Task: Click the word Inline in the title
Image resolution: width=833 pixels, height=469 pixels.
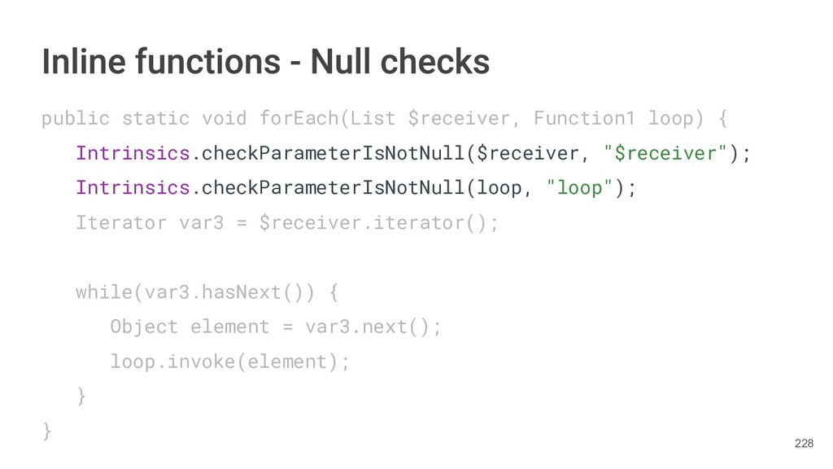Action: pyautogui.click(x=76, y=61)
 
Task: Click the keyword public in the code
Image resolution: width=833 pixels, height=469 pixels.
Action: pyautogui.click(x=75, y=119)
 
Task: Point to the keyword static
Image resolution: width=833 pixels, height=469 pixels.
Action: pyautogui.click(x=155, y=119)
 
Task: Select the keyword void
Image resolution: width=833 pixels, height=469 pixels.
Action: pyautogui.click(x=224, y=119)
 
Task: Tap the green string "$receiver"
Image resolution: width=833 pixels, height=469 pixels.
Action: pyautogui.click(x=665, y=154)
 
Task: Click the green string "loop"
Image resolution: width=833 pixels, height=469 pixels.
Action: pyautogui.click(x=579, y=188)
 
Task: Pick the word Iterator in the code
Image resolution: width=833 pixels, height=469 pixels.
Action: pyautogui.click(x=120, y=222)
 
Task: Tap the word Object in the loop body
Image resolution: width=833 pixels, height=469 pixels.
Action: pyautogui.click(x=144, y=327)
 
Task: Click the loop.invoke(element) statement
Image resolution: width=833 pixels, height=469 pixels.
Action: pyautogui.click(x=229, y=362)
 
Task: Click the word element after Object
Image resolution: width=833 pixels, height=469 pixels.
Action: pyautogui.click(x=229, y=327)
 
